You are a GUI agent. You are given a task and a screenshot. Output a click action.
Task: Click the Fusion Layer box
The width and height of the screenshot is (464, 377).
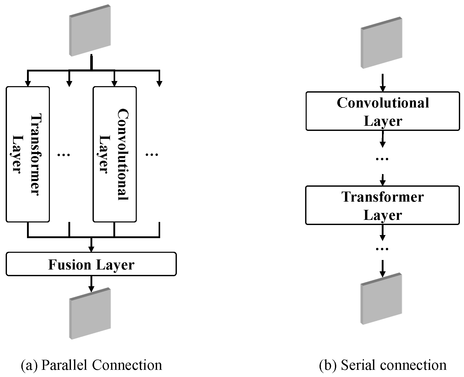pos(91,264)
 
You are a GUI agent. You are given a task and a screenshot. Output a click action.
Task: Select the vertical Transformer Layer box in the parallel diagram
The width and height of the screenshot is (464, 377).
pos(28,154)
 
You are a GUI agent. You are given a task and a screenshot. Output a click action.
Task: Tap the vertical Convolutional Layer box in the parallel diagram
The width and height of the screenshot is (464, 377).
pos(114,154)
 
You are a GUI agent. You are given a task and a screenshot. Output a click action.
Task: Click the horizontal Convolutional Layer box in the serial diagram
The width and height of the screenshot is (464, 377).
pos(383,111)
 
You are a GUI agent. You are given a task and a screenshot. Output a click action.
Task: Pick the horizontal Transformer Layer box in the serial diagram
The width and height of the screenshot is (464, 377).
pos(382,205)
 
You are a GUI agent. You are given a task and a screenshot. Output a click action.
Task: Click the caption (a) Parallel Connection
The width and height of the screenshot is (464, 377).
pos(91,365)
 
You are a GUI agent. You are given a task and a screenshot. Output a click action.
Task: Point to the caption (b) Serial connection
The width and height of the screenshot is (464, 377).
pos(383,365)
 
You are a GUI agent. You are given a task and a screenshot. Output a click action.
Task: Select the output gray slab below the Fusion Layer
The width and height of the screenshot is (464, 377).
pos(90,314)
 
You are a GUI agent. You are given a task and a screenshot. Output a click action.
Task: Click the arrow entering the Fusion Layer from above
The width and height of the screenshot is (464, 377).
pos(91,245)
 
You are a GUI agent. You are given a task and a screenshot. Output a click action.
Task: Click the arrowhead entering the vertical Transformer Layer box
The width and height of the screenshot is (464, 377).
pos(28,84)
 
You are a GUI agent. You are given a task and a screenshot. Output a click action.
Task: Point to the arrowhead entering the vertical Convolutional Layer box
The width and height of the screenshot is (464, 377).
pos(114,84)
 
